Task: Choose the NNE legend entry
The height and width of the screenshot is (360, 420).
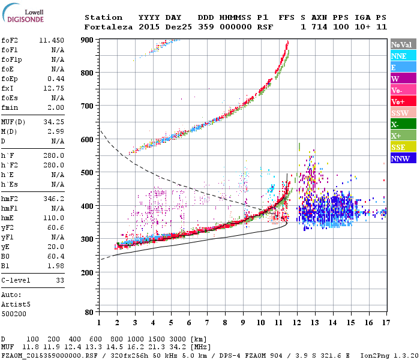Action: (x=399, y=56)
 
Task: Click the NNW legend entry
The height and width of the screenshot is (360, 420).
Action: (x=400, y=158)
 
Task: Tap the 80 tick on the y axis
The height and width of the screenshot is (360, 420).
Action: (x=89, y=313)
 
